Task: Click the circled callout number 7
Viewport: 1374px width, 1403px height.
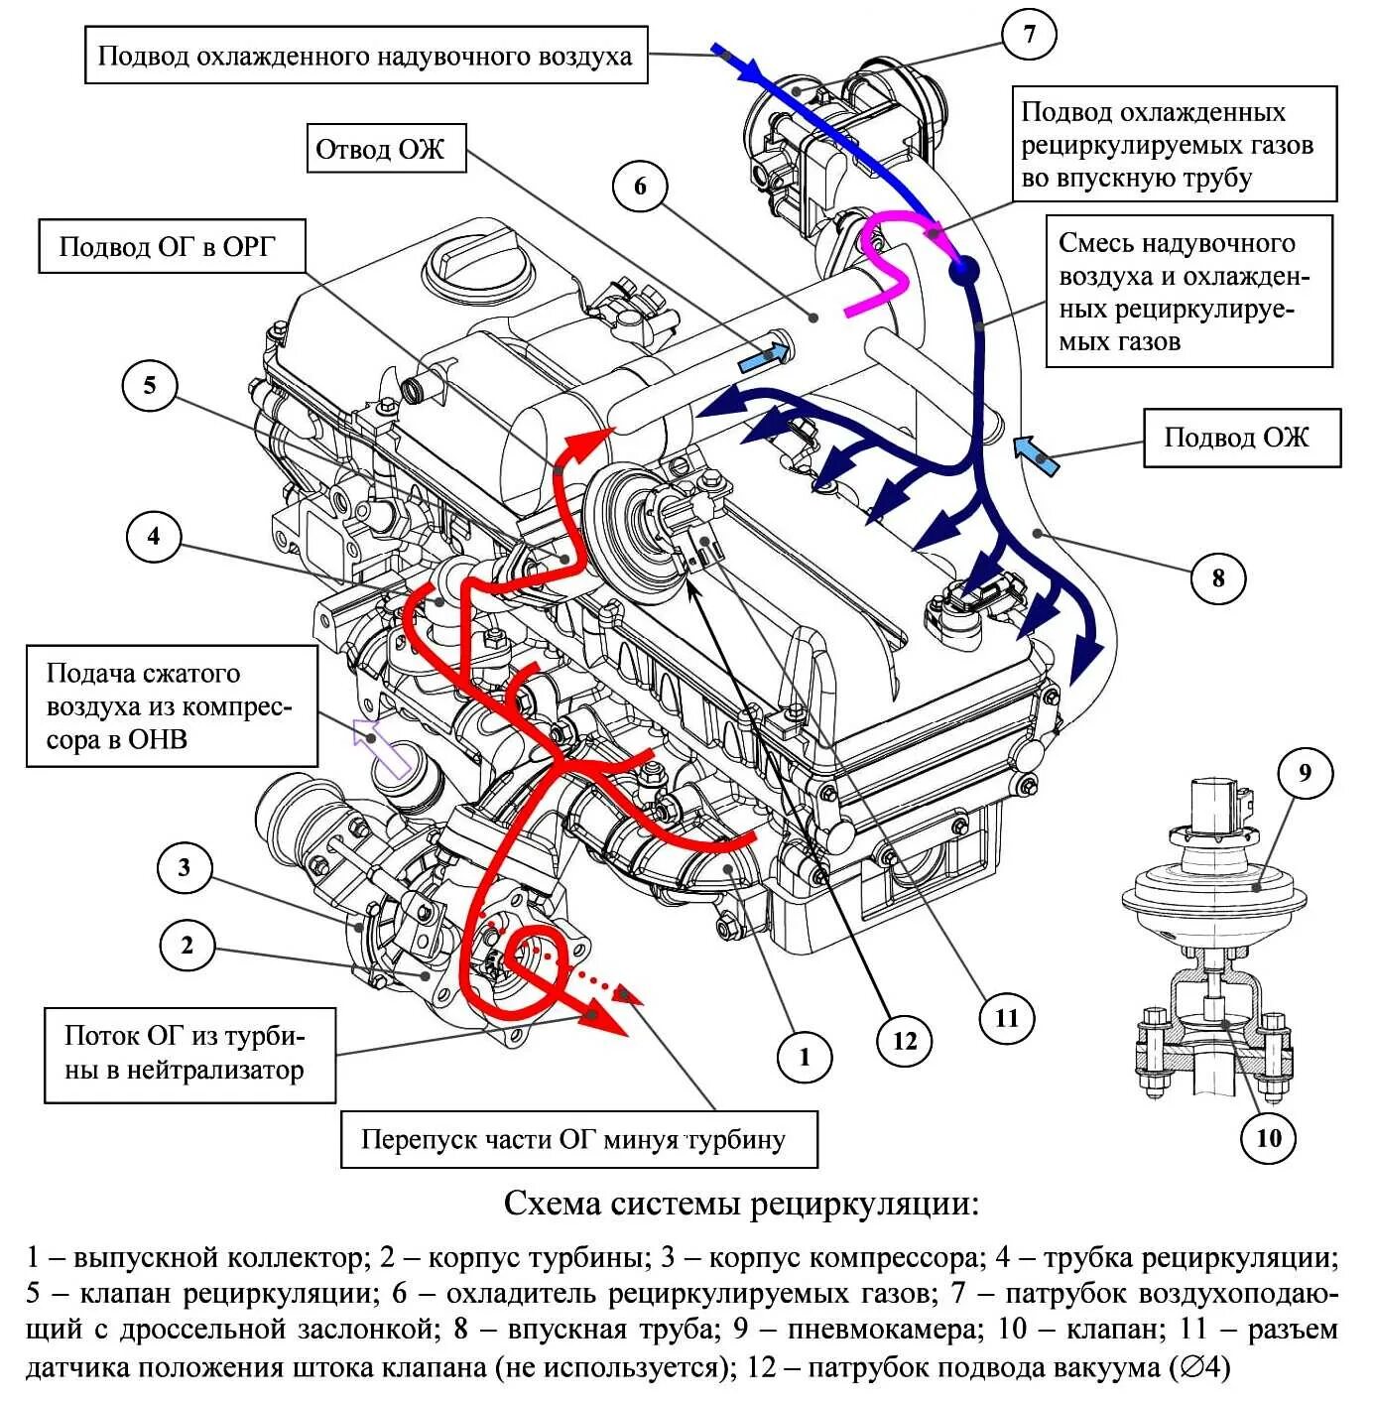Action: point(1029,36)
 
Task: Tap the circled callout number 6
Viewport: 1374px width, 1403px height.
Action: point(640,187)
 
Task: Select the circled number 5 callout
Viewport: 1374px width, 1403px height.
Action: point(150,386)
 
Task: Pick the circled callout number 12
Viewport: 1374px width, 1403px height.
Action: point(905,1041)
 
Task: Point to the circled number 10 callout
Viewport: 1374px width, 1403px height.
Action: point(1270,1138)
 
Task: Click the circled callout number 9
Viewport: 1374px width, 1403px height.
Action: point(1305,773)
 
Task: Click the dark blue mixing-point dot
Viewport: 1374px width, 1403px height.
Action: point(963,268)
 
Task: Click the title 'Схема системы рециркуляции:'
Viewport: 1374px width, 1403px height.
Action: point(740,1205)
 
